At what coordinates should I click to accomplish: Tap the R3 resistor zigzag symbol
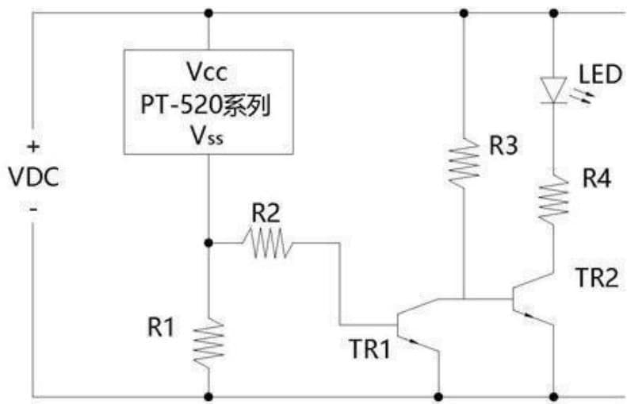click(x=462, y=163)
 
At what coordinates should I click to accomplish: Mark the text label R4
click(x=596, y=179)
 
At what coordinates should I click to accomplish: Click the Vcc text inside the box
click(x=208, y=73)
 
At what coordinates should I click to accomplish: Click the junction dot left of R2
click(x=208, y=241)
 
